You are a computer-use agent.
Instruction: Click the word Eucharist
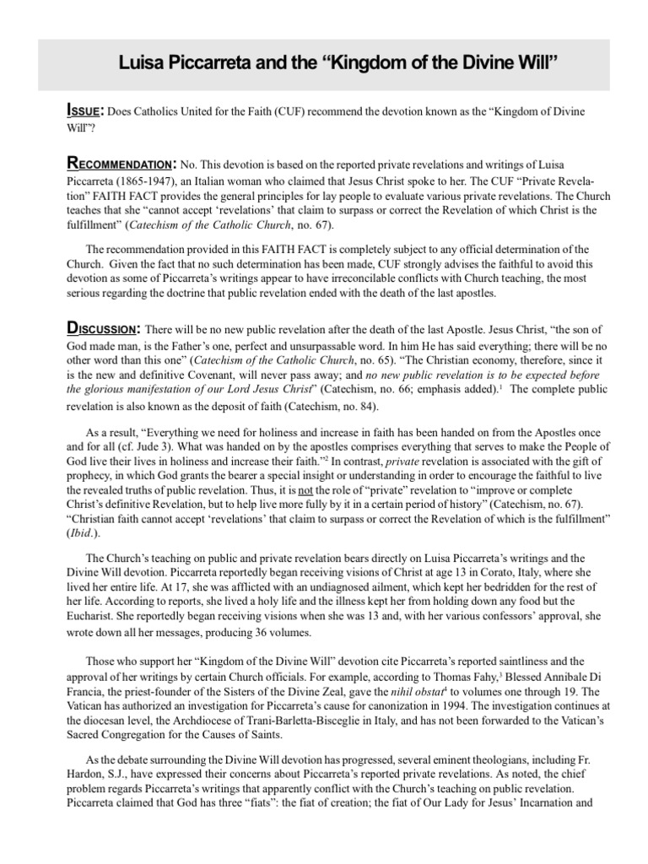89,617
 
